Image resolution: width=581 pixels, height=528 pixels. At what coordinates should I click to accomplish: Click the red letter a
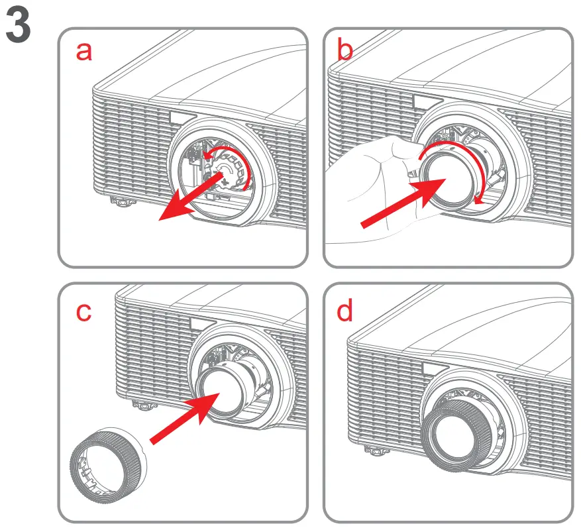pos(84,51)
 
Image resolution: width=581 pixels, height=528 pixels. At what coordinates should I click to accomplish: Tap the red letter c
pos(83,311)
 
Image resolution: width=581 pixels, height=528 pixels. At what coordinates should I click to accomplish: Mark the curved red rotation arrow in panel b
pos(464,159)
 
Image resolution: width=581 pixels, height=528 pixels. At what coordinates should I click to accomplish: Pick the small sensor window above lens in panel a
pos(178,118)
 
